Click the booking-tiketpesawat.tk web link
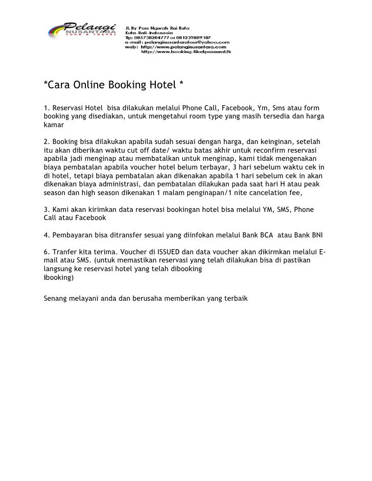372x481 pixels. [x=186, y=52]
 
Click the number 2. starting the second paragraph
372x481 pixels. [x=47, y=140]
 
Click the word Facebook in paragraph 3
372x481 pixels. [x=91, y=218]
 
